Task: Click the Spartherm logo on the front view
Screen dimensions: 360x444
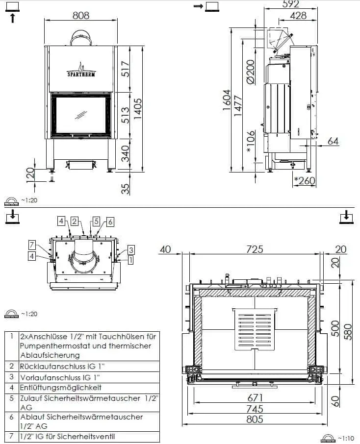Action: [81, 70]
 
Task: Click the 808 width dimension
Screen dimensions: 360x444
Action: [81, 15]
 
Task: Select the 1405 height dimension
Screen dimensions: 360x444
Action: [138, 109]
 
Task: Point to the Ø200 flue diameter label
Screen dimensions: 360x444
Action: [251, 72]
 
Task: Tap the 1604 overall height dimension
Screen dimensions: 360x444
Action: [227, 100]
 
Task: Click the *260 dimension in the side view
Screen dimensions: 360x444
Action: [305, 180]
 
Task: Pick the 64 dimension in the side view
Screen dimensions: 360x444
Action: [333, 141]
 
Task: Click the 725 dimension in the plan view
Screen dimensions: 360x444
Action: [255, 249]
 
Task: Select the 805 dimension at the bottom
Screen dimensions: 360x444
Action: [255, 419]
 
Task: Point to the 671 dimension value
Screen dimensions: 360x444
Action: [255, 398]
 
